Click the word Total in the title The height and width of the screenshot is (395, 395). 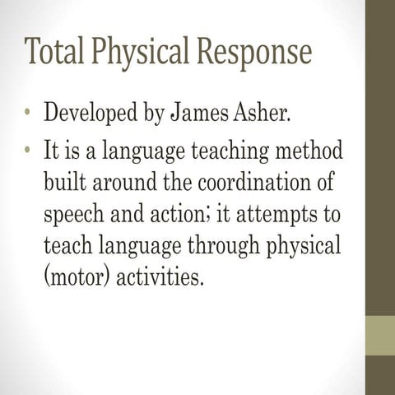point(52,52)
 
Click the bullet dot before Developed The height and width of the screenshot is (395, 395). point(27,112)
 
